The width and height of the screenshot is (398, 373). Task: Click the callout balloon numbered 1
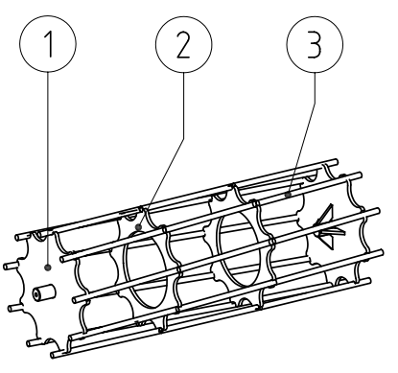[48, 44]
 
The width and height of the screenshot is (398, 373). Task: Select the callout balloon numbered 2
[184, 44]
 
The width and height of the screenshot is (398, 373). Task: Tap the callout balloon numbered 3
[315, 44]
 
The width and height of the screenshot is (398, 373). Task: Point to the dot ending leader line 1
[48, 268]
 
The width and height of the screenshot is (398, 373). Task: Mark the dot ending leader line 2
[138, 227]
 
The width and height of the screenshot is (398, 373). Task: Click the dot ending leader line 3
[289, 194]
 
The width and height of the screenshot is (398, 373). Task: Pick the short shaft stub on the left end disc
[44, 292]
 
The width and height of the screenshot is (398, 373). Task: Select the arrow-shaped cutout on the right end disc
[329, 227]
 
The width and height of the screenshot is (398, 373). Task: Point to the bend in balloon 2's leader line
[184, 138]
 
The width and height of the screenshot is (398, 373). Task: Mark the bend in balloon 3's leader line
[315, 103]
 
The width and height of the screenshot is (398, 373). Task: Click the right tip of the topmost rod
[336, 162]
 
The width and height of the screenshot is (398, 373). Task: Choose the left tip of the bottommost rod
[54, 355]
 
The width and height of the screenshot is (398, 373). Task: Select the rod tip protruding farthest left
[6, 267]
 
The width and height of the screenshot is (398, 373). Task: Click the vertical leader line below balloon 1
[48, 169]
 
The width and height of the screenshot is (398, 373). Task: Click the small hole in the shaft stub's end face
[37, 294]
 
